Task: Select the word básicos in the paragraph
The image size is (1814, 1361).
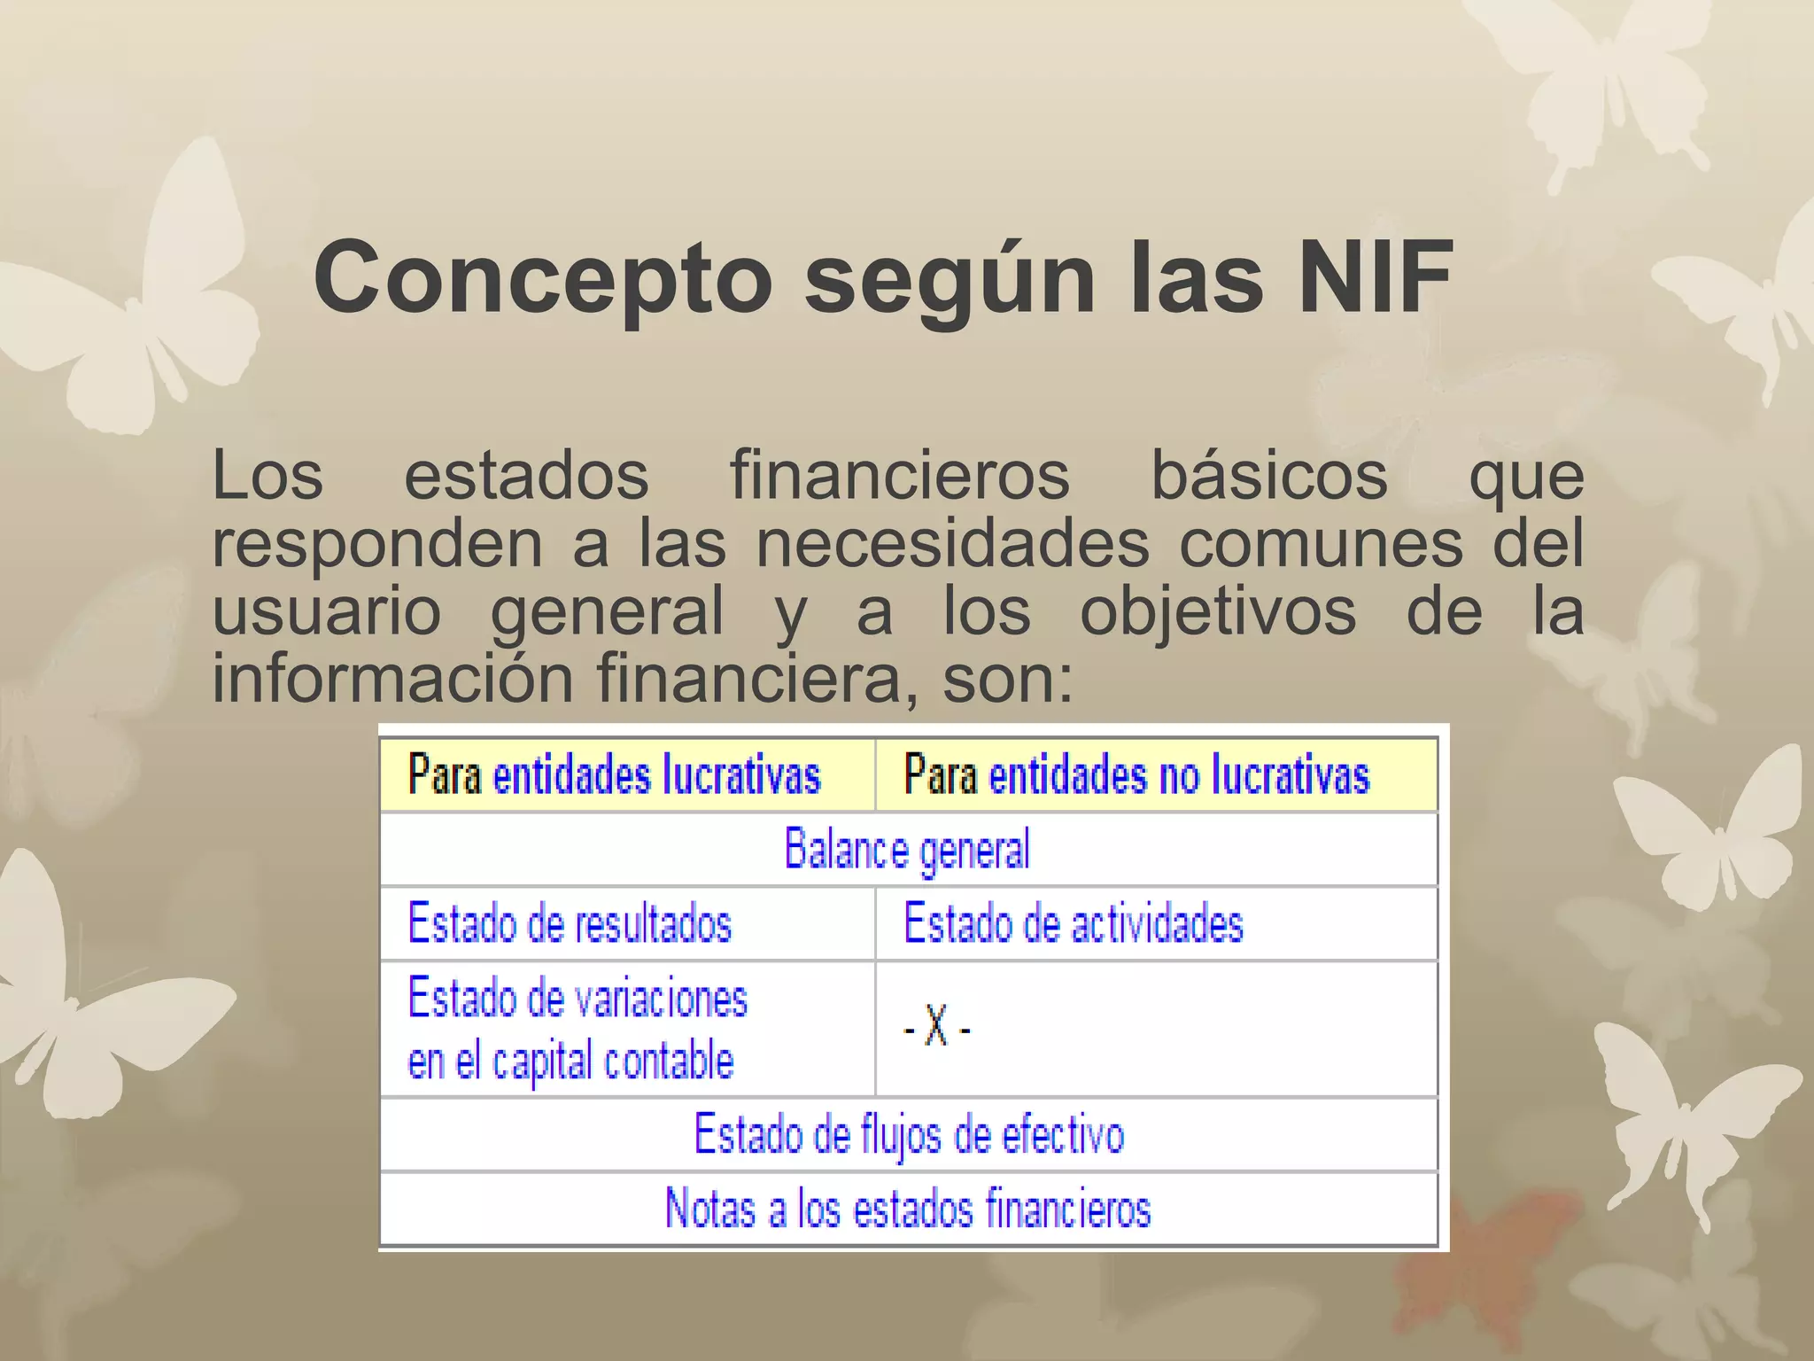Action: click(x=1268, y=477)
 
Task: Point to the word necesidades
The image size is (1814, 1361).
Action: click(x=952, y=544)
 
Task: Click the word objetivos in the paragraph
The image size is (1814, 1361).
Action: click(x=1218, y=611)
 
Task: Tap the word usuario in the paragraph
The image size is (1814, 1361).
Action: click(x=327, y=611)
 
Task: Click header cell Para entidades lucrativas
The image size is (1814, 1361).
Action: click(x=615, y=775)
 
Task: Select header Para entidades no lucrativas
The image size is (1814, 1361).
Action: click(x=1136, y=775)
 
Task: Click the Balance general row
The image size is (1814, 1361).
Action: click(x=907, y=849)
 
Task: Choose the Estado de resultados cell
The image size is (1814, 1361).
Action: click(x=570, y=923)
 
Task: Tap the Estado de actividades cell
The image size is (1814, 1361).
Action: click(x=1073, y=923)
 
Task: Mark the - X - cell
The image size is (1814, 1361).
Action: click(x=937, y=1029)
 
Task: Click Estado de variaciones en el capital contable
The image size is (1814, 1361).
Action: click(x=577, y=1029)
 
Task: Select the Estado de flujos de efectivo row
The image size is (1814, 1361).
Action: click(x=909, y=1134)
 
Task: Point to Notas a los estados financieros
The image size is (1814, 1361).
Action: click(x=907, y=1209)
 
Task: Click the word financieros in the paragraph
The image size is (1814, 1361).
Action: click(x=900, y=477)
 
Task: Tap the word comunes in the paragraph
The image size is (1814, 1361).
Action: click(x=1321, y=544)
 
